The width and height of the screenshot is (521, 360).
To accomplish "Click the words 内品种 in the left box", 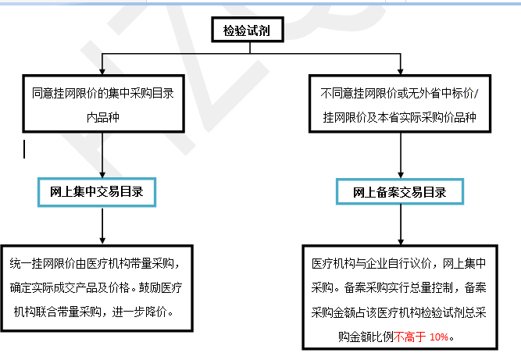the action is [103, 117].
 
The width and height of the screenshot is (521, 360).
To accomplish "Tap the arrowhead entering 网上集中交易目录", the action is [102, 175].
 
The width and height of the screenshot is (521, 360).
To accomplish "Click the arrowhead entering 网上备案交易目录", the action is [401, 175].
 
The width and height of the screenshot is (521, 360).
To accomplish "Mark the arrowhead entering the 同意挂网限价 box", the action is [102, 71].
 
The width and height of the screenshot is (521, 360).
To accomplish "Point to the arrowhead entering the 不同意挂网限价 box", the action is [401, 71].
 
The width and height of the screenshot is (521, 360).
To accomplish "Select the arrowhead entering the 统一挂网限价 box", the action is [102, 241].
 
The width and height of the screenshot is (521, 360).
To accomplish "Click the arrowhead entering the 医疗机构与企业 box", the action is [401, 241].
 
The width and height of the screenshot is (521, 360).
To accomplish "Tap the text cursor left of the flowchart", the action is [24, 149].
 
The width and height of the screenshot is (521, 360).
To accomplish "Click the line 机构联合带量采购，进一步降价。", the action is [94, 312].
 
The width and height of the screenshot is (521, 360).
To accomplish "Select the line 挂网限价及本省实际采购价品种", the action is [400, 117].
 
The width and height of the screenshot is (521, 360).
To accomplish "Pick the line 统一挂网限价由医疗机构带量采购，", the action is [95, 263].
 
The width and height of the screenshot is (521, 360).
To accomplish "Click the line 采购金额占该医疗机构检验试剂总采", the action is [398, 312].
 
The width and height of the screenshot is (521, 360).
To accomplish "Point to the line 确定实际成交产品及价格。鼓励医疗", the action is [96, 287].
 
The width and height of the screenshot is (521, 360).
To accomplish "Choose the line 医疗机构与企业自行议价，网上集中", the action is [398, 264].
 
